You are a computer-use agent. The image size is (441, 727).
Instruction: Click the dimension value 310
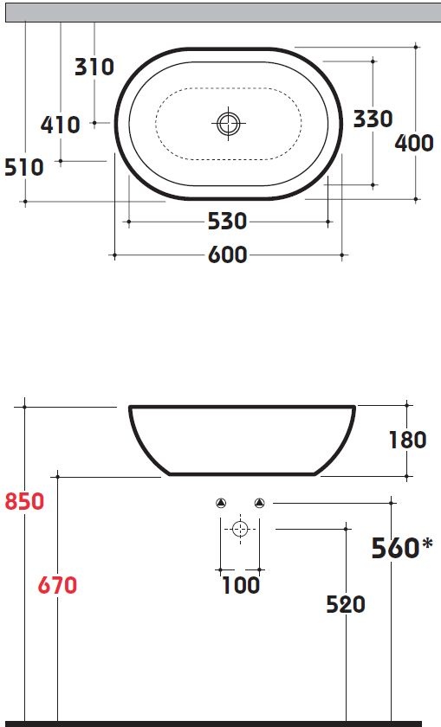click(94, 66)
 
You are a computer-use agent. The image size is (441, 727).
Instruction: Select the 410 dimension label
click(61, 125)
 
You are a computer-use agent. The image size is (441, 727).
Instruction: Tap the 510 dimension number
click(24, 166)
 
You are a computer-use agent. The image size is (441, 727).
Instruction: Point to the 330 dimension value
click(373, 119)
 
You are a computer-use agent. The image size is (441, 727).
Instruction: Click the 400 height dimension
click(414, 143)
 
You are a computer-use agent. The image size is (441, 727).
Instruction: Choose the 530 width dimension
click(227, 222)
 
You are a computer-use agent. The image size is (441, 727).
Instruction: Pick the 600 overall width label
click(227, 255)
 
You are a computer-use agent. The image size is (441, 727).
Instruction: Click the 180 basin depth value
click(407, 440)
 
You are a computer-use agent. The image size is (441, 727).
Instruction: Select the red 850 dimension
click(24, 501)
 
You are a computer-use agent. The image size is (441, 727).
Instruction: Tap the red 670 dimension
click(57, 586)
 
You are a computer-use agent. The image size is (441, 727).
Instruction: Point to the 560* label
click(401, 548)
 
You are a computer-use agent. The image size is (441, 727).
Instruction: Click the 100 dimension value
click(240, 586)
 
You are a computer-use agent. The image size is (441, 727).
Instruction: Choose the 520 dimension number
click(346, 604)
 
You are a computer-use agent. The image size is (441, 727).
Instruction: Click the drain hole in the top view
click(227, 123)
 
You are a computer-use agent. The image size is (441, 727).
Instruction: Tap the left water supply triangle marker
click(220, 503)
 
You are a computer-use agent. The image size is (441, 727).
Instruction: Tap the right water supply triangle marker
click(259, 503)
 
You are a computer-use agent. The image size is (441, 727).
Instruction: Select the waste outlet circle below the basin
click(240, 529)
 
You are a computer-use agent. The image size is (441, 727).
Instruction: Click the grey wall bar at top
click(220, 10)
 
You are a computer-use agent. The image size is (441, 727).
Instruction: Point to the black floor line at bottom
click(220, 723)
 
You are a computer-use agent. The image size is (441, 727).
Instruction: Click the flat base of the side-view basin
click(243, 473)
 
